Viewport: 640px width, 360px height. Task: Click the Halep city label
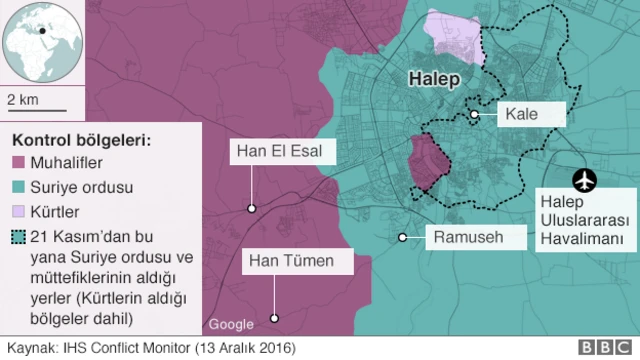(x=436, y=79)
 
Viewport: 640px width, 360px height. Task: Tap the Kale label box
(x=521, y=115)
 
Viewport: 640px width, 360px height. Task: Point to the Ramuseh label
(x=466, y=237)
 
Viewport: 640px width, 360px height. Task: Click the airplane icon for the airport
(x=584, y=180)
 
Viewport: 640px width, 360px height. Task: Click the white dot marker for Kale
(x=474, y=115)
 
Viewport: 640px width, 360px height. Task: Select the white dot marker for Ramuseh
(x=402, y=237)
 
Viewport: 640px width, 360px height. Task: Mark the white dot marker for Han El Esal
(x=252, y=209)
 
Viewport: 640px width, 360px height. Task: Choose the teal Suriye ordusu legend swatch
(x=21, y=187)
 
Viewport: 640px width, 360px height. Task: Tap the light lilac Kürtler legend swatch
(x=21, y=212)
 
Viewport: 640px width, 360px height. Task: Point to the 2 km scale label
(x=23, y=99)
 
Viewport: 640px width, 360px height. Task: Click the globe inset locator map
(x=40, y=44)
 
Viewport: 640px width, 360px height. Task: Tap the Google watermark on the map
(x=231, y=324)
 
